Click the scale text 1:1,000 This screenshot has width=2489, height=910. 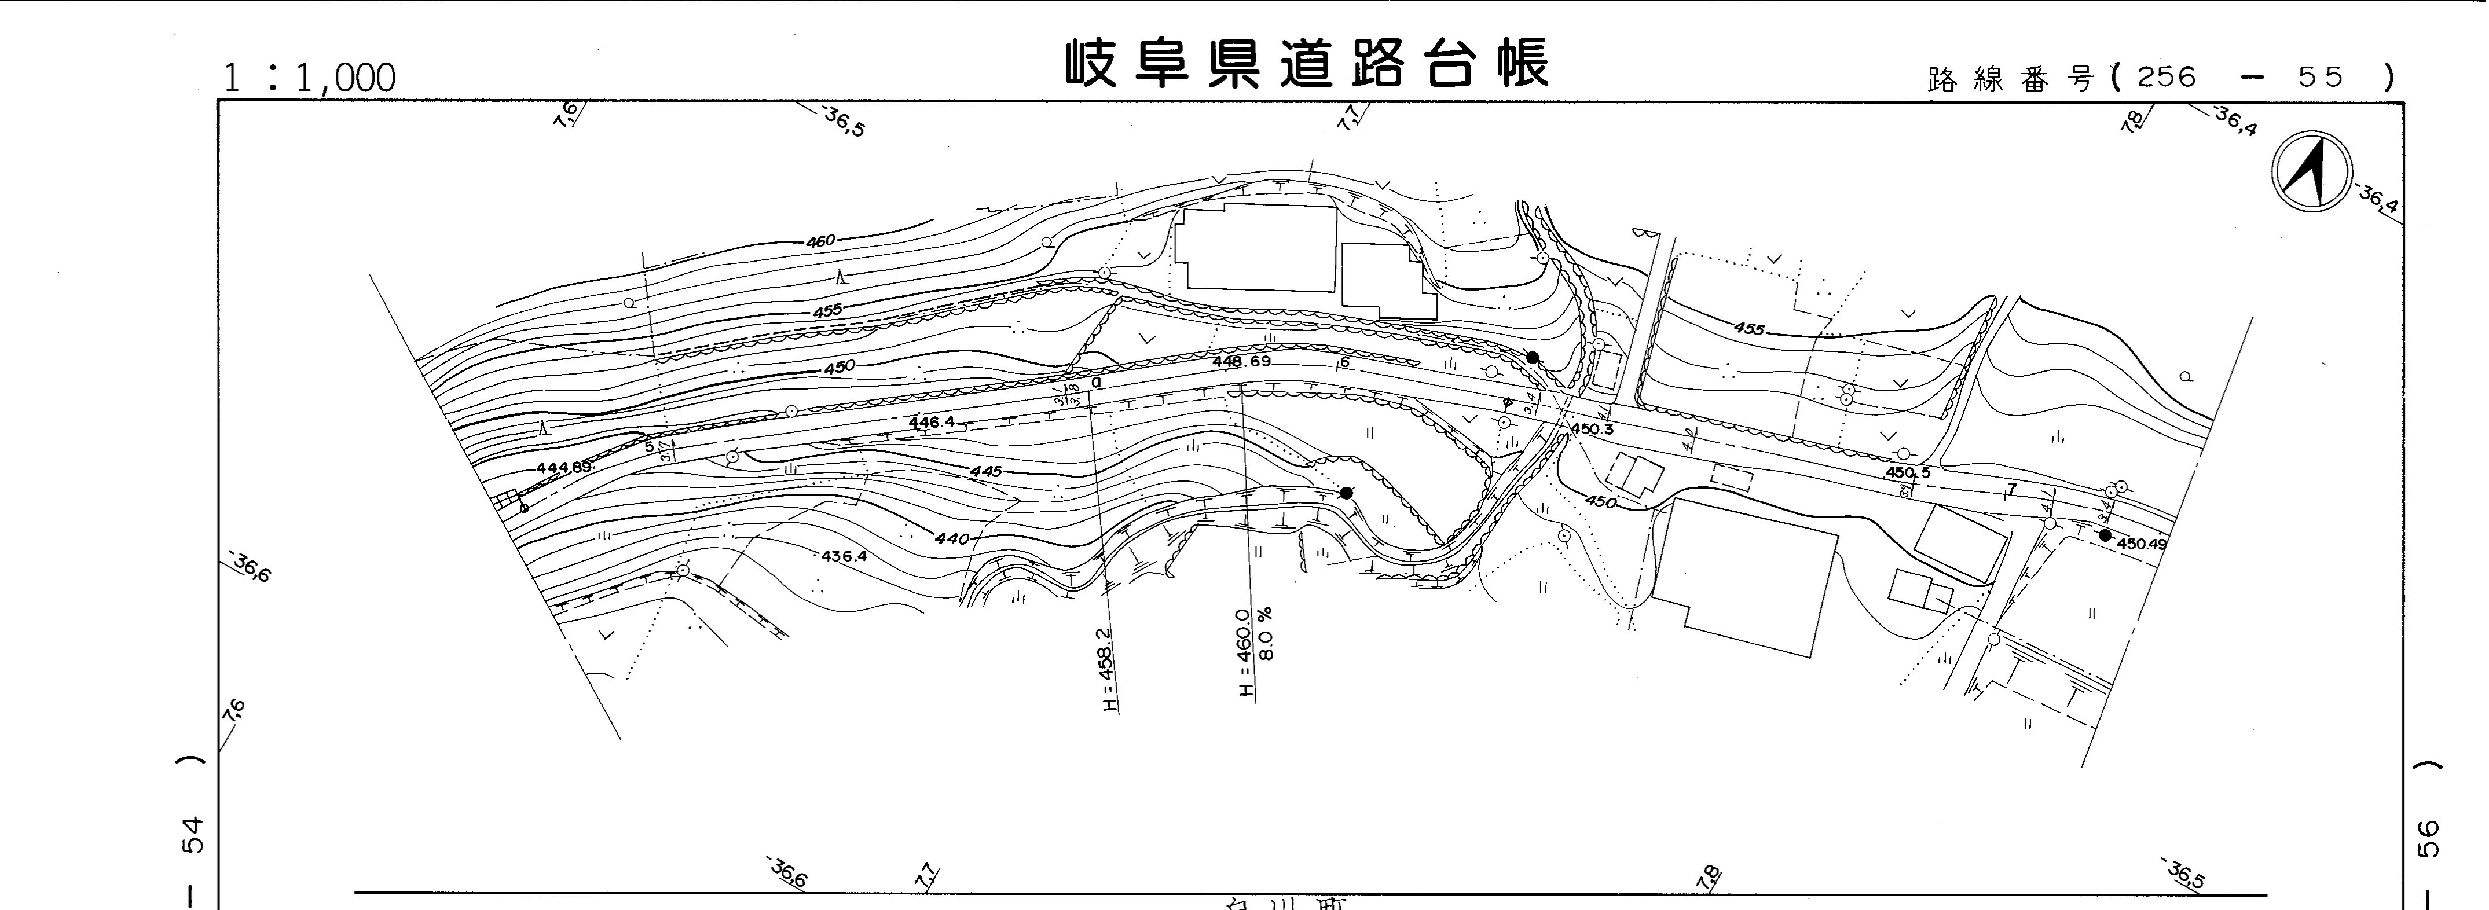click(x=309, y=78)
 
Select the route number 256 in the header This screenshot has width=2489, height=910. click(x=2167, y=78)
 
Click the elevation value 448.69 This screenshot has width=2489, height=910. click(x=1241, y=361)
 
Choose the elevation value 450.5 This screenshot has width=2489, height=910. click(x=1907, y=472)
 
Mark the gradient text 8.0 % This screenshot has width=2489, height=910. click(x=1267, y=633)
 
